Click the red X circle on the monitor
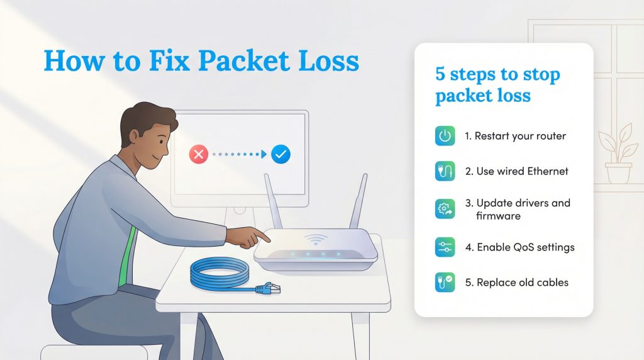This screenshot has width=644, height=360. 199,154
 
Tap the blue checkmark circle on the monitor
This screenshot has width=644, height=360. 280,154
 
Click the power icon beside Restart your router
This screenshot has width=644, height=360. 445,136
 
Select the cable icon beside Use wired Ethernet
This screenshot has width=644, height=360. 445,171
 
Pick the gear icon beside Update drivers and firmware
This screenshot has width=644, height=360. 445,209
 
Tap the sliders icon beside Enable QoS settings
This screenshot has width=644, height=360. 445,247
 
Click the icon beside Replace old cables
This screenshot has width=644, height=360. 445,282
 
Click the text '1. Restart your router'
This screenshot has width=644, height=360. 515,136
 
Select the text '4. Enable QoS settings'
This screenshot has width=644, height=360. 519,247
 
